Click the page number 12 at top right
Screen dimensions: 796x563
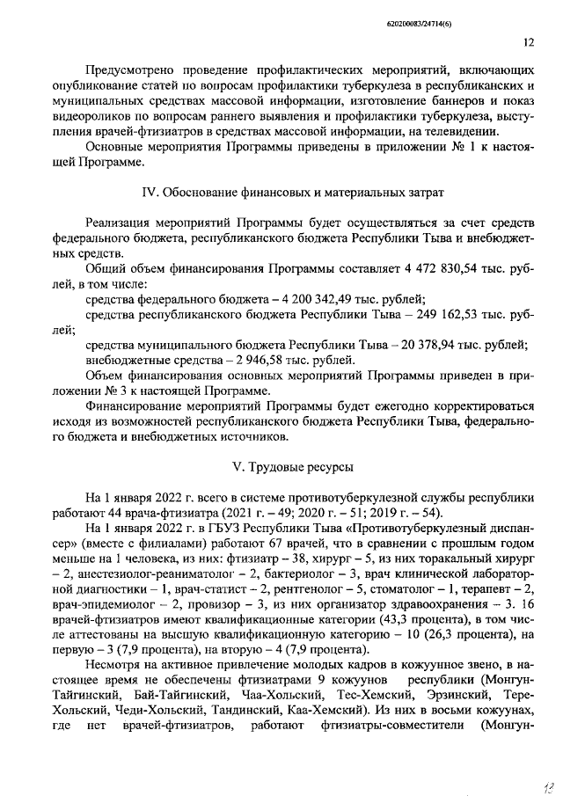528,40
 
